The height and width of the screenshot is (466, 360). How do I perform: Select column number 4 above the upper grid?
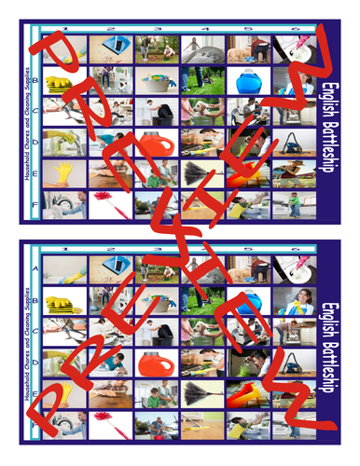click(197, 30)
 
